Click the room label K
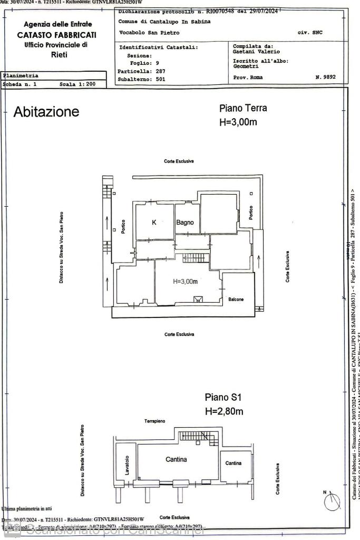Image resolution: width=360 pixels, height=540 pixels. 154,223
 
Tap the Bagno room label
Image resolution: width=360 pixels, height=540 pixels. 185,223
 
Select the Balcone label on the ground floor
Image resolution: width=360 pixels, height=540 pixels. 236,300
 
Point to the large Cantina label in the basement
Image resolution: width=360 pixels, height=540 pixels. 176,459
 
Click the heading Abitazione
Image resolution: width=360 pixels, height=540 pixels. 46,112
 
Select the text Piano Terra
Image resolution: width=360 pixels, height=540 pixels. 243,108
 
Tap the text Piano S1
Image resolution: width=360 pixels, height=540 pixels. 223,397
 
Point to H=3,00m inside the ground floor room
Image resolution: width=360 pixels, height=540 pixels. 185,282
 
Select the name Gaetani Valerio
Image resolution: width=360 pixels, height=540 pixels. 256,52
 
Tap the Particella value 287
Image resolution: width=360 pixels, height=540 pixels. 161,70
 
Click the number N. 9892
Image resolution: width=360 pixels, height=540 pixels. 325,77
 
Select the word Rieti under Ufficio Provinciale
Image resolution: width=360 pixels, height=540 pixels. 59,55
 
